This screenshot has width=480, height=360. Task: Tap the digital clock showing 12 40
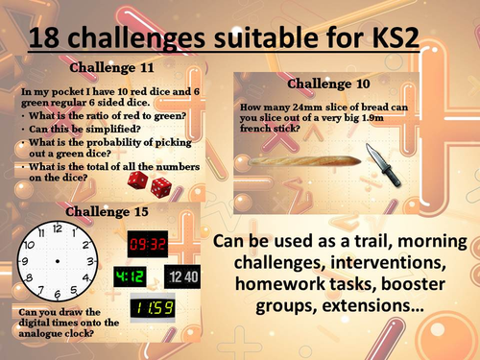tap(183, 278)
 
